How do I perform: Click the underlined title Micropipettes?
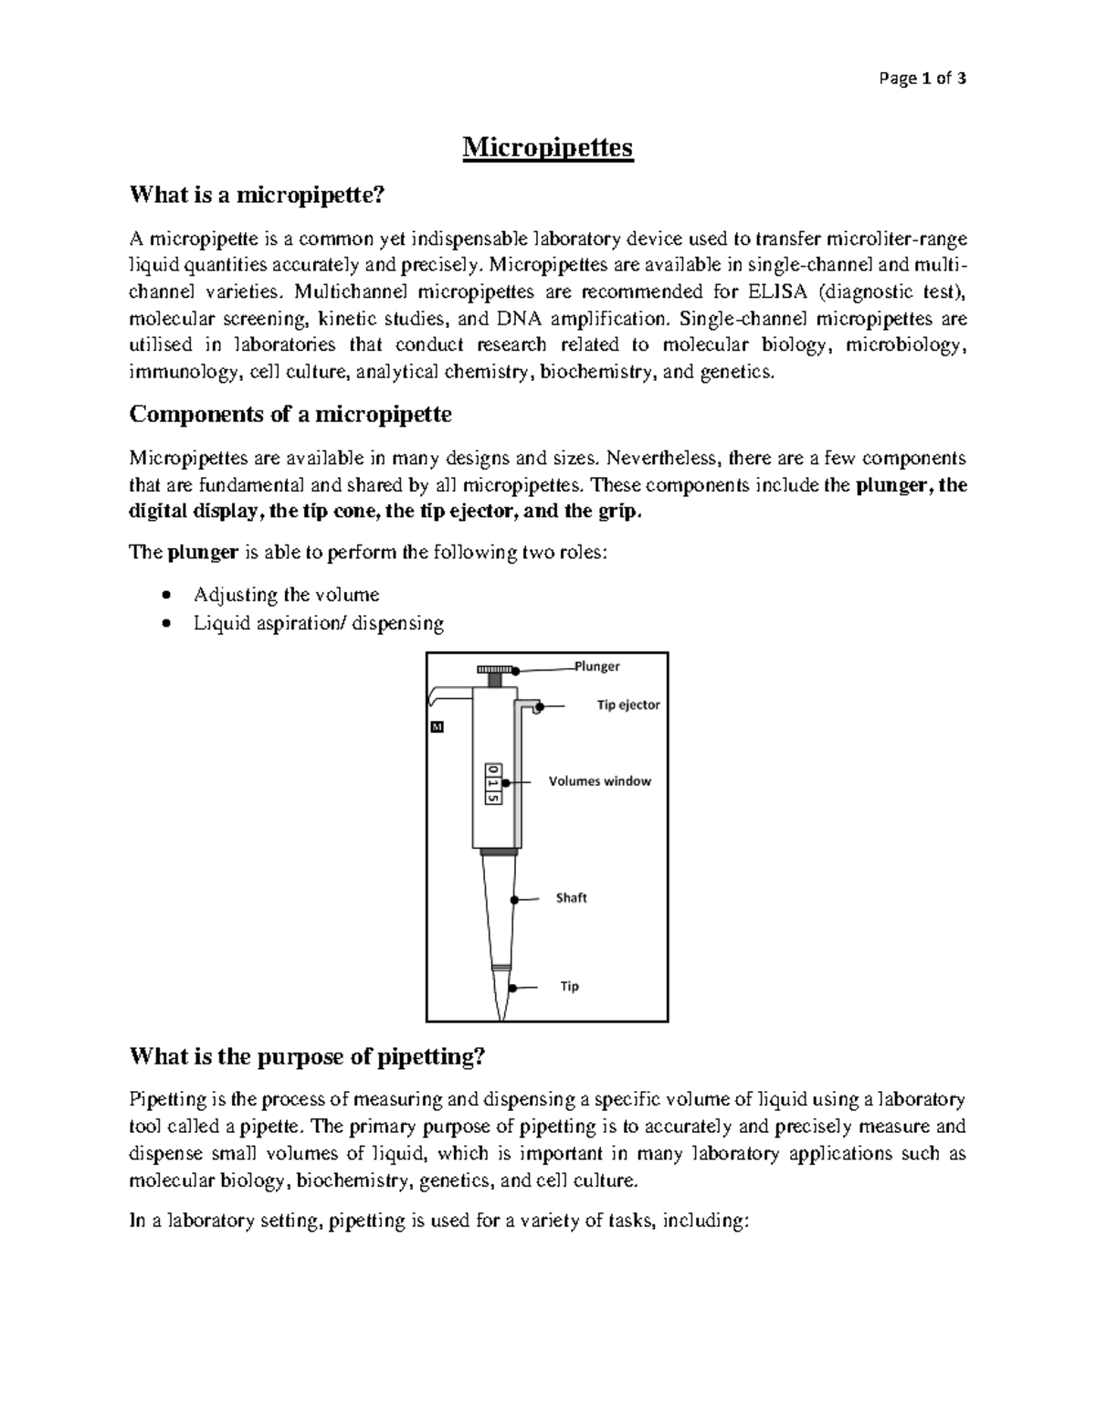547,147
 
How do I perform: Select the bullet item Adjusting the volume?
286,595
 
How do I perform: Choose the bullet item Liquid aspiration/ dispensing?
319,623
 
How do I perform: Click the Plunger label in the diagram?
596,666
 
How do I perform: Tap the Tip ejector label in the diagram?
627,705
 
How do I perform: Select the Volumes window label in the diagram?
599,781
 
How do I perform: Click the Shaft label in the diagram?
571,898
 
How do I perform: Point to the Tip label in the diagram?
569,987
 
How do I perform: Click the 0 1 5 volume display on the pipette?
493,783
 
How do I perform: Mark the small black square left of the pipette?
437,728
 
